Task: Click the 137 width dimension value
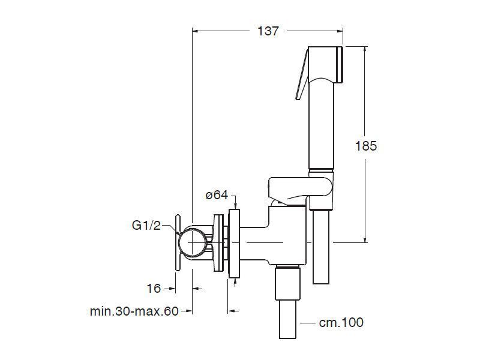(268, 31)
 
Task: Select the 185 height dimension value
(366, 146)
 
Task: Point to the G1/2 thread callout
(146, 226)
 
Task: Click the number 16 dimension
(154, 289)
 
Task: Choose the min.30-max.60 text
(134, 311)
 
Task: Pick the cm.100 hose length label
(341, 322)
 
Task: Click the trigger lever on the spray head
(302, 75)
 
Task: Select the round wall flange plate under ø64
(234, 243)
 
